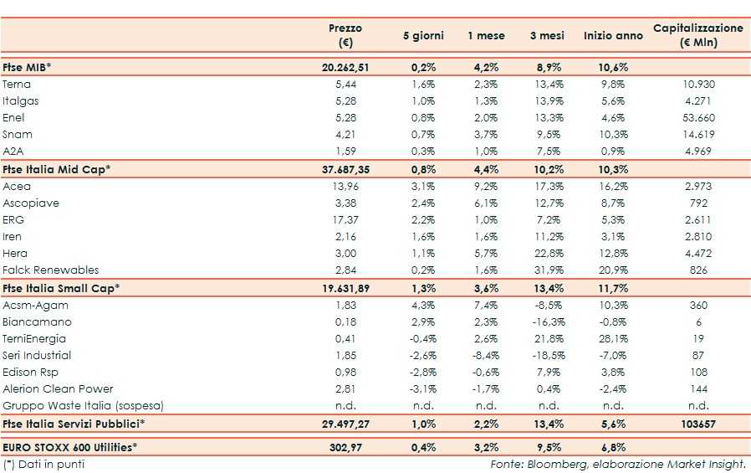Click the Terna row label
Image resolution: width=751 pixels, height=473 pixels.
click(17, 85)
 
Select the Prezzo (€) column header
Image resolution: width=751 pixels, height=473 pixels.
click(345, 35)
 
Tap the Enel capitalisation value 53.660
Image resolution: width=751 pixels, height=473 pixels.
click(697, 118)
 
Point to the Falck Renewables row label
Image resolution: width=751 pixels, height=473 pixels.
click(50, 270)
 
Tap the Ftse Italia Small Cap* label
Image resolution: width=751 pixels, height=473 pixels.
click(61, 288)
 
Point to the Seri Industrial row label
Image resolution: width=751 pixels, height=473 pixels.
click(37, 355)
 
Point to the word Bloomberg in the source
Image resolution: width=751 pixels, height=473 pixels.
click(553, 464)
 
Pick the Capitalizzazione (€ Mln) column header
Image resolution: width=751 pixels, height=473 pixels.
click(697, 35)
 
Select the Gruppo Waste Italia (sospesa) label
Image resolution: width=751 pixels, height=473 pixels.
click(82, 405)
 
